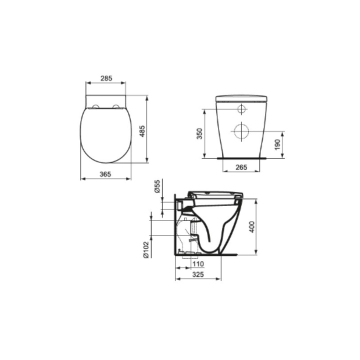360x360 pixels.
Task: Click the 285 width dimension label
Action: coord(105,78)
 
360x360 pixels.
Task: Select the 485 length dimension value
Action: coord(141,131)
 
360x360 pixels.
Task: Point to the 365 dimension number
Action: coord(105,174)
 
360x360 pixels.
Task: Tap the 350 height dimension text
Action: coord(199,133)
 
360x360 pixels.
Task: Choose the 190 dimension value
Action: coord(278,145)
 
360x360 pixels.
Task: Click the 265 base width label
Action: coord(241,167)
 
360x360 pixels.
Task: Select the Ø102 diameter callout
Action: coord(145,248)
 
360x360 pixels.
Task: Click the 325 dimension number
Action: coord(198,274)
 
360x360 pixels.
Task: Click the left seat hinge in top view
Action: coord(94,106)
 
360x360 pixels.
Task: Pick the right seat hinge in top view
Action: coord(116,106)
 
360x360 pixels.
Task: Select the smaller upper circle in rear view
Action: coord(241,109)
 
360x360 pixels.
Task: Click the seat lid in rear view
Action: coord(242,97)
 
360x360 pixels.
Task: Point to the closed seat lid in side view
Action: coord(215,193)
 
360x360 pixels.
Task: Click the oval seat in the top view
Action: coord(105,135)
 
